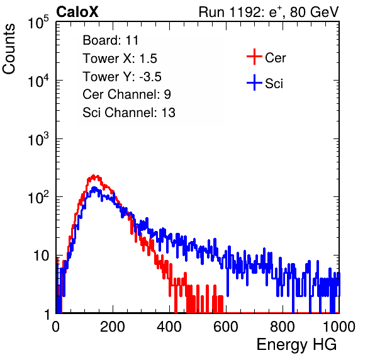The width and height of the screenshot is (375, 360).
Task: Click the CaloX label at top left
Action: [77, 12]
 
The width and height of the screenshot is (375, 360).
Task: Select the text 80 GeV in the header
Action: [314, 12]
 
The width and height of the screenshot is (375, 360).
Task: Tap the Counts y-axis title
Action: [9, 49]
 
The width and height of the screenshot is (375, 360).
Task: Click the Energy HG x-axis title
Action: [296, 345]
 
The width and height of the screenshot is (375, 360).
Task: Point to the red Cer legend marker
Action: [254, 57]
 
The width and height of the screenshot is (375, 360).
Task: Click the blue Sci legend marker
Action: [254, 82]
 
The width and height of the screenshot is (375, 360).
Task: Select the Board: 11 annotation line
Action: [111, 40]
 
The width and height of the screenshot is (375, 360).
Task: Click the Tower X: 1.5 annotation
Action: [120, 59]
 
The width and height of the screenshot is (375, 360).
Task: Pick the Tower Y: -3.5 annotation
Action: [122, 77]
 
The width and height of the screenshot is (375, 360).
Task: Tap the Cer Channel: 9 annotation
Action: [126, 94]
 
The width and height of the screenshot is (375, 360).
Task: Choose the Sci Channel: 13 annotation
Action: [129, 113]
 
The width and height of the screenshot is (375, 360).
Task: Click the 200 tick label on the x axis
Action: [113, 327]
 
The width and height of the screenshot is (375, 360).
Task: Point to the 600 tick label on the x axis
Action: [226, 327]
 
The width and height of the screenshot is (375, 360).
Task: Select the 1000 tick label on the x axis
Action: [339, 327]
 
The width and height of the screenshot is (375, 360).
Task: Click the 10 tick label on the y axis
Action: [42, 256]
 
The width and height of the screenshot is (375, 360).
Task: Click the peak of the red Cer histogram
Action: [94, 176]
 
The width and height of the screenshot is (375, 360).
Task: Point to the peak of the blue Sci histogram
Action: [94, 188]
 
